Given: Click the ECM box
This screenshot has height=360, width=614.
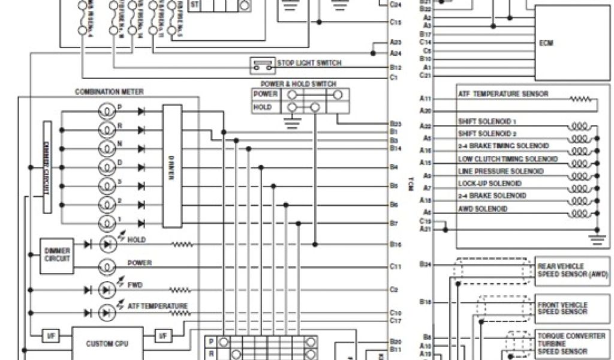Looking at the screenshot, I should tap(572, 44).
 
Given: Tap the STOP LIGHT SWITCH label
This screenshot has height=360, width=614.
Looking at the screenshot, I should tap(309, 63).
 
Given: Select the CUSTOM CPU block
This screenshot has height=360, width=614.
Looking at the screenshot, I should tap(107, 344).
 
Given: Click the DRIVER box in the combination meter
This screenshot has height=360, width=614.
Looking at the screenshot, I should tap(171, 166).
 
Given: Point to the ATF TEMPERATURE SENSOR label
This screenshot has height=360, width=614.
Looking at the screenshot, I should tap(502, 94).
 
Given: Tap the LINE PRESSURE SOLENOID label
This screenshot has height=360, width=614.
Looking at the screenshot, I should tap(501, 171).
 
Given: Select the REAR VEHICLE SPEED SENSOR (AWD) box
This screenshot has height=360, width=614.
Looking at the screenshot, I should tap(571, 270).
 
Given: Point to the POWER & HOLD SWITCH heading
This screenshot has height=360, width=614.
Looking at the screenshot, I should tap(298, 84).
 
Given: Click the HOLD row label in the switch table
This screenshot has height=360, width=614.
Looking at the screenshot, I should tap(263, 107).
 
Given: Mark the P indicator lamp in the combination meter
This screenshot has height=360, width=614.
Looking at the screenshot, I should tap(106, 112).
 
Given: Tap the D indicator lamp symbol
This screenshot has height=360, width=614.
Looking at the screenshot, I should tap(106, 167).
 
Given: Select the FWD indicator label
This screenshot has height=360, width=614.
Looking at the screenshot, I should tap(135, 285).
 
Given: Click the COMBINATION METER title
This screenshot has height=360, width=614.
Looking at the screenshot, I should tap(109, 92).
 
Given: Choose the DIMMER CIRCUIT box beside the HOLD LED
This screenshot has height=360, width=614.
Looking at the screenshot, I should tap(57, 254).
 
